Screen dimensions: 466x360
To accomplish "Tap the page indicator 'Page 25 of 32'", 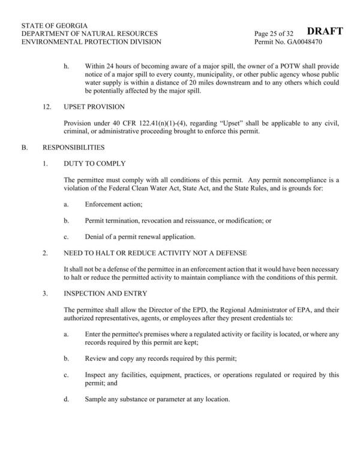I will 277,34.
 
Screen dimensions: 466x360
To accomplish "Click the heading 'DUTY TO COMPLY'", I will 95,163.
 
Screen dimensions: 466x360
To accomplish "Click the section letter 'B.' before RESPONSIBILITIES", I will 25,147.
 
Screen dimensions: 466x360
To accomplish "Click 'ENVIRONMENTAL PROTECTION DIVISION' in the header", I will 91,43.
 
